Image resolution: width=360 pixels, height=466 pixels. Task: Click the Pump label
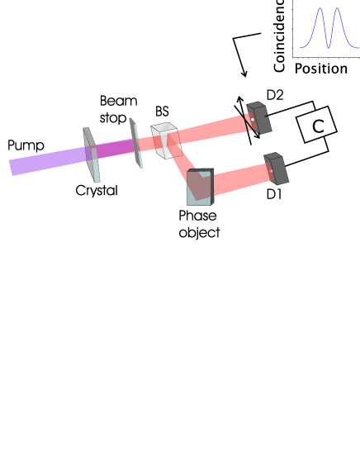coord(26,145)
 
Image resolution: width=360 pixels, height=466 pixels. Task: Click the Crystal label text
coord(97,190)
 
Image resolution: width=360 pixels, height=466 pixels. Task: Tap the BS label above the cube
coord(162,112)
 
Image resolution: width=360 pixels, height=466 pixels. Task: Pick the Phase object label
coord(199,224)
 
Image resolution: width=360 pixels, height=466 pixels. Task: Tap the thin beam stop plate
coord(134,142)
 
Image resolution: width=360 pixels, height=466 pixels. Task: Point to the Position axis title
coord(321,68)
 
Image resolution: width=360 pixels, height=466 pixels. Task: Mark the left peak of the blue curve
coord(315,10)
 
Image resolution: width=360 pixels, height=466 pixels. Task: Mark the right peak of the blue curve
coord(337,10)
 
